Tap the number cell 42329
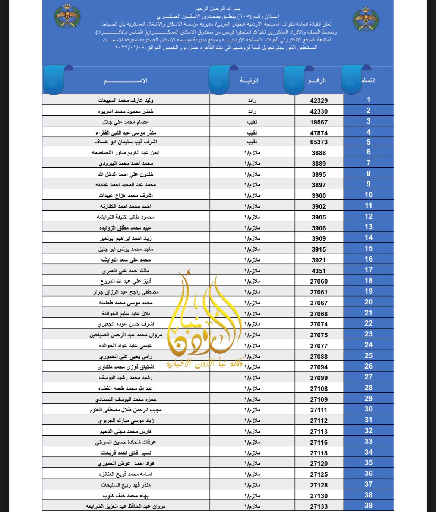coord(319,100)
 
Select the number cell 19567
coord(319,122)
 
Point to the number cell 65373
coord(319,142)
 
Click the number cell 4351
coord(319,271)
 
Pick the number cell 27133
coord(319,506)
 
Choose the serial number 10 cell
coord(368,195)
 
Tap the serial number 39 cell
coord(368,505)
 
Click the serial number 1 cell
coord(368,99)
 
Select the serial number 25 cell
coord(368,355)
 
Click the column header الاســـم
coord(126,80)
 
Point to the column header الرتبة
coord(249,80)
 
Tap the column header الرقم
coord(317,80)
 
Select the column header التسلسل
coord(368,80)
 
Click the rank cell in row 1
coord(252,100)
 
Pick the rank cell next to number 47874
coord(252,133)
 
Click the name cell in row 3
coord(126,122)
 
